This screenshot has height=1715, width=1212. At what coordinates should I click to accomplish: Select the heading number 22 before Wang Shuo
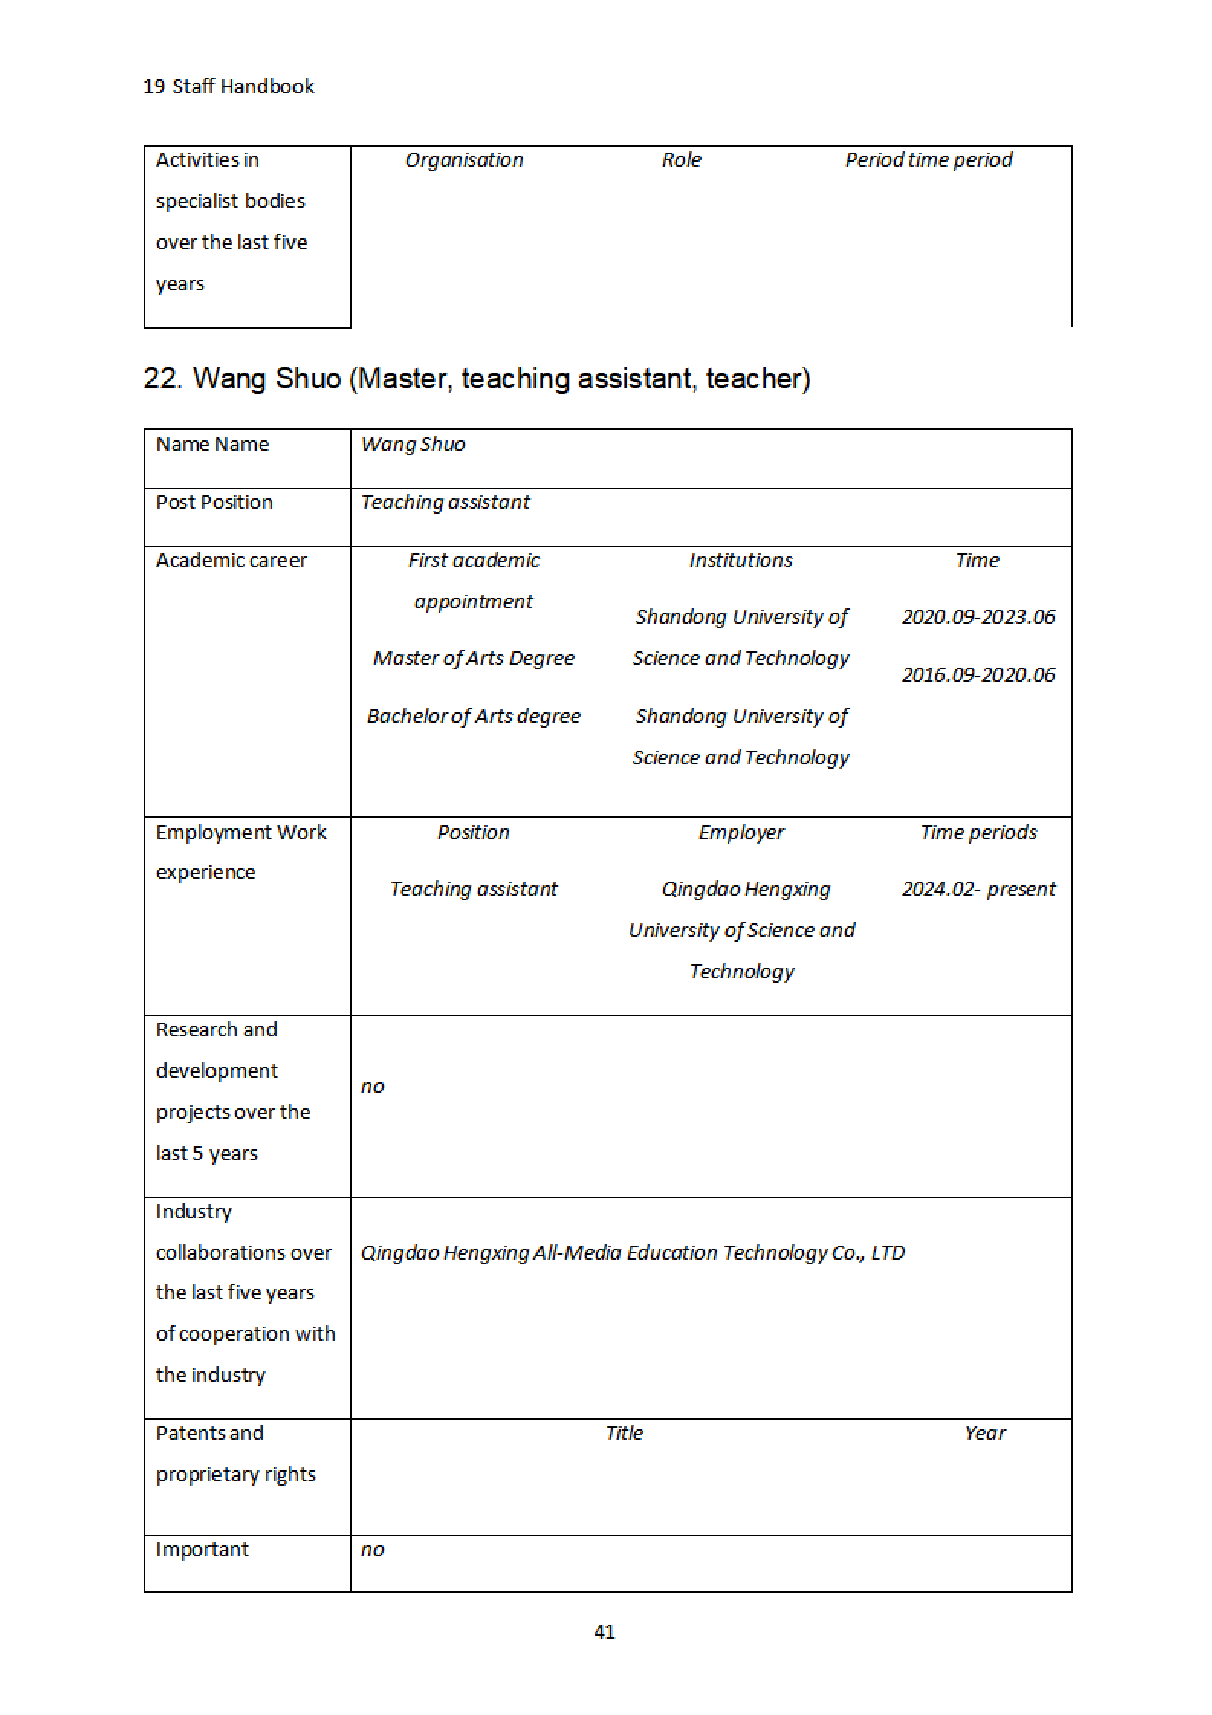coord(162,379)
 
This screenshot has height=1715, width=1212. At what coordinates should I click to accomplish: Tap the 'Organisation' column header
coord(464,160)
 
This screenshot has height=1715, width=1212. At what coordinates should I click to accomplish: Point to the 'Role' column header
coord(681,160)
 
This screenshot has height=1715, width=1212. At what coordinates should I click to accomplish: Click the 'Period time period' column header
coord(928,160)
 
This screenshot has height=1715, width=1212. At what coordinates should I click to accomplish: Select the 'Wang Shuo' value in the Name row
coord(413,444)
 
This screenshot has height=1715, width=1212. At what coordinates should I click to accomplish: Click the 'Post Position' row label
coord(214,503)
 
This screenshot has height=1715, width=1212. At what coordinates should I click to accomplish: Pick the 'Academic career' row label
coord(232,560)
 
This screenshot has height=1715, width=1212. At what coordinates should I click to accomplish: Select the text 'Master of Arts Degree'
coord(473,658)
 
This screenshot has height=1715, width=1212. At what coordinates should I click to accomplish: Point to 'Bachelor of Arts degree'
coord(473,716)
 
